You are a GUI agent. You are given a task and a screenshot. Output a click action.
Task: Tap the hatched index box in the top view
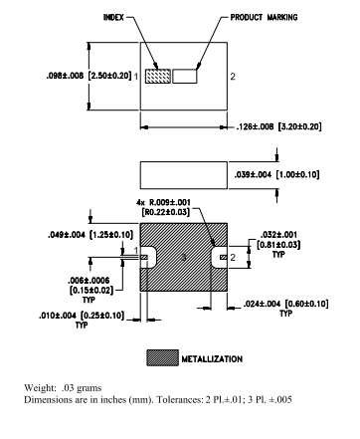tap(158, 76)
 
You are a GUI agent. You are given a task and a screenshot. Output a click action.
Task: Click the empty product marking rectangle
tap(185, 76)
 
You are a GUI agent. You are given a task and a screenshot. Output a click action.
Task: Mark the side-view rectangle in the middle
tap(185, 175)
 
